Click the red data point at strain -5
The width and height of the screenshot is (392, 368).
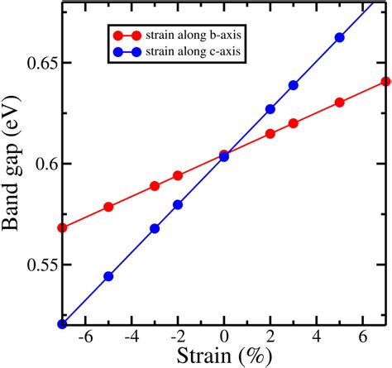[108, 207]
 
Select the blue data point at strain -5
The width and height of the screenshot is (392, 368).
[108, 276]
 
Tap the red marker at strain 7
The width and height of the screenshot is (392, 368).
[385, 82]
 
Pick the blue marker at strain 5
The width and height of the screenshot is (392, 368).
[339, 38]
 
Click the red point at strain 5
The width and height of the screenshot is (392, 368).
[339, 103]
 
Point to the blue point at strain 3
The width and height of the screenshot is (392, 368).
[293, 85]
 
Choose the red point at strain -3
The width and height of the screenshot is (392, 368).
[155, 186]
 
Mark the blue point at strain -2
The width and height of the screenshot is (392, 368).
[178, 204]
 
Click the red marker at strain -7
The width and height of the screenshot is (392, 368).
[63, 227]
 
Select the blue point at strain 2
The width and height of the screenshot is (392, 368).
[270, 109]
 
